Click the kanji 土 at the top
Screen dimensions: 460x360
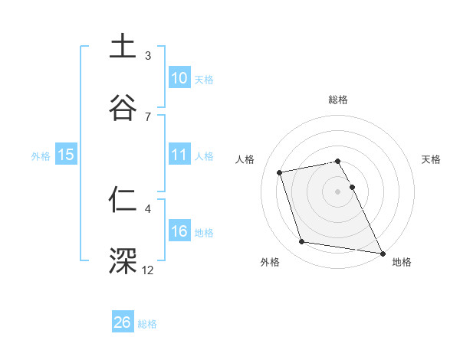tap(123, 47)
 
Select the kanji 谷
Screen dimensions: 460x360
tap(123, 107)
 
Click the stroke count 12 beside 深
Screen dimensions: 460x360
tap(148, 270)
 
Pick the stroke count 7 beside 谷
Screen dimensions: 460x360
tap(148, 116)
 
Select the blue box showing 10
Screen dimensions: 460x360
tap(179, 78)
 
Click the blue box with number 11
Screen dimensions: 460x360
tap(179, 155)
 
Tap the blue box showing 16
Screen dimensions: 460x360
tap(179, 231)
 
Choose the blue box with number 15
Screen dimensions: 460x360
tap(66, 155)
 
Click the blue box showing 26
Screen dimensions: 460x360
tap(123, 322)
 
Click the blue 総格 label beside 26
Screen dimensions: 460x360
tap(147, 324)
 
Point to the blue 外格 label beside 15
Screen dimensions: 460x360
tap(41, 156)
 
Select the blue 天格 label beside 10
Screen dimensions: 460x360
tap(204, 80)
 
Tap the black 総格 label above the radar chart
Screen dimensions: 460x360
tap(338, 100)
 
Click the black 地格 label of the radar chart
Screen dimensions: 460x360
tap(402, 263)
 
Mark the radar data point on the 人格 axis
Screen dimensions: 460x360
tap(280, 172)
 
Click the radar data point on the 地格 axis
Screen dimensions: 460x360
tap(381, 253)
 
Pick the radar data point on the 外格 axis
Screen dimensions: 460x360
tap(302, 242)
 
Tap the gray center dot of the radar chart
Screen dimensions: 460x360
tap(338, 191)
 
